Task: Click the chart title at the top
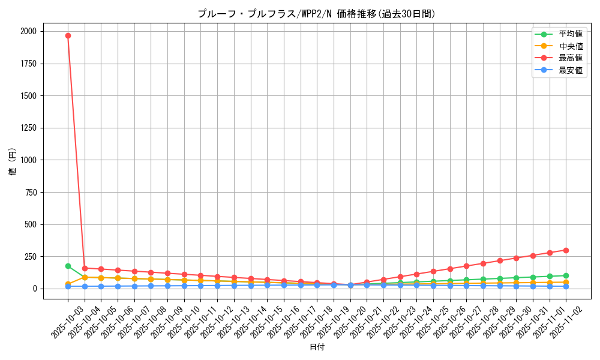[316, 14]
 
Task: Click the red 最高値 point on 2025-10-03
[68, 35]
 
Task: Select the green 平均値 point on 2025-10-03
[68, 266]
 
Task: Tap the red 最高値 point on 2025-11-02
[566, 250]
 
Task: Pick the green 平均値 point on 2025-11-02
[566, 275]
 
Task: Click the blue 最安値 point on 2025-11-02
[566, 286]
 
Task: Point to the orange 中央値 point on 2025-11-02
[566, 282]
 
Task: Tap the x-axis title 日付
[316, 347]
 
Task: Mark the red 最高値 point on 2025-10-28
[483, 263]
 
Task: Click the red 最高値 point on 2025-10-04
[85, 268]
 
